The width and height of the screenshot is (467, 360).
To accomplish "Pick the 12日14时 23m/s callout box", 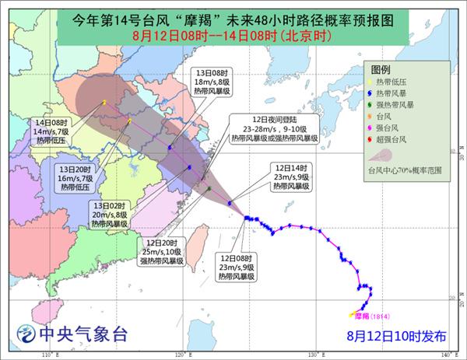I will [290, 178].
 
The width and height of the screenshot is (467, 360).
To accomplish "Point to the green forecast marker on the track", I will [209, 189].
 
